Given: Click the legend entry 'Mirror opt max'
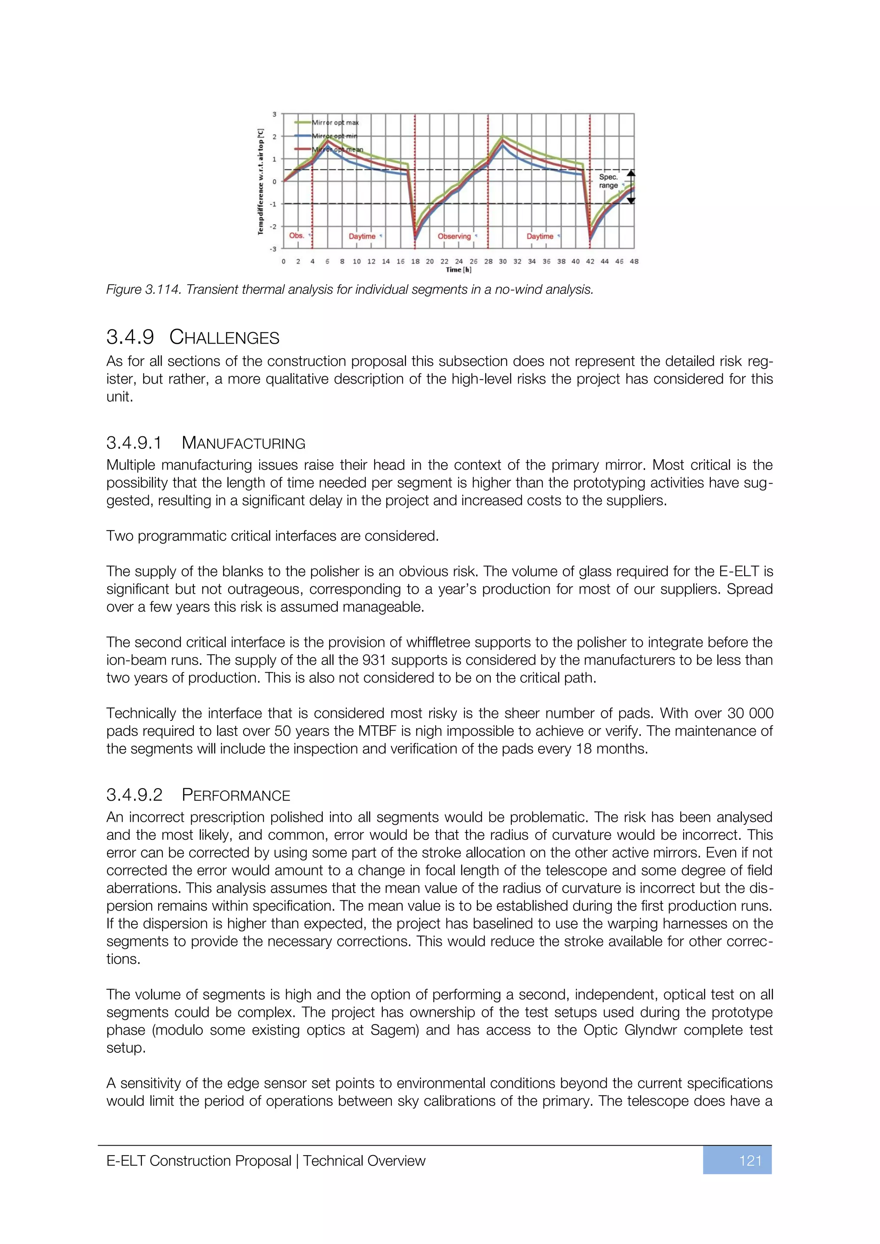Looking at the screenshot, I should pyautogui.click(x=335, y=122).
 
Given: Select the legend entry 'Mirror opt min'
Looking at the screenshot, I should pyautogui.click(x=334, y=136).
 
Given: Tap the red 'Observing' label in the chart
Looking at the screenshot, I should pyautogui.click(x=454, y=236).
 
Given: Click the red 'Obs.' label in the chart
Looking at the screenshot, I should pyautogui.click(x=296, y=236).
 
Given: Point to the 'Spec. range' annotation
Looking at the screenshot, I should pyautogui.click(x=608, y=181).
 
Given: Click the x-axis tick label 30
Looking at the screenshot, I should pyautogui.click(x=503, y=261).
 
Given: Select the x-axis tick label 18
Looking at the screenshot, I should pyautogui.click(x=415, y=261).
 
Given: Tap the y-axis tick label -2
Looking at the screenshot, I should pyautogui.click(x=274, y=226).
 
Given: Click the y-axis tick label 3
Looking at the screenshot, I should pyautogui.click(x=275, y=114).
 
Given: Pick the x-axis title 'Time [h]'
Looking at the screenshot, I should pyautogui.click(x=458, y=270).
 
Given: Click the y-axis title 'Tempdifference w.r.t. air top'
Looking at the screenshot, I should pyautogui.click(x=261, y=182).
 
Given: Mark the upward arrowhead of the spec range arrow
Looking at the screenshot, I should pyautogui.click(x=631, y=174).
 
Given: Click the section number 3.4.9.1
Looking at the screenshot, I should pyautogui.click(x=134, y=443).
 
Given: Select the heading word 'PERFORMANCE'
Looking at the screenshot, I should pyautogui.click(x=236, y=796).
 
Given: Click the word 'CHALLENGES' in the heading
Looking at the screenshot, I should pyautogui.click(x=224, y=338).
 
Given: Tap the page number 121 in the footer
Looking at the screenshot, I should pyautogui.click(x=750, y=1161).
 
